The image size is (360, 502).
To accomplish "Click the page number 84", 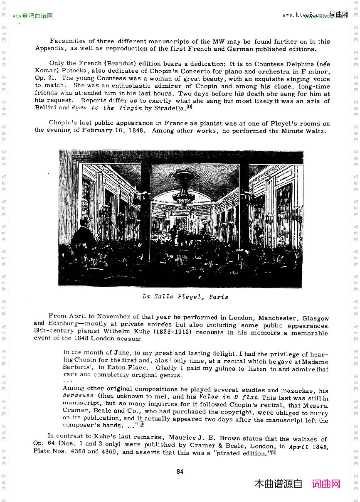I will pos(180,471).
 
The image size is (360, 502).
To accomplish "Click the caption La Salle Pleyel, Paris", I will pos(185,297).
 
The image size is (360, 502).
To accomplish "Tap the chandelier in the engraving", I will pos(184,189).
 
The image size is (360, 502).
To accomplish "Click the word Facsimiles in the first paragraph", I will pos(68,41).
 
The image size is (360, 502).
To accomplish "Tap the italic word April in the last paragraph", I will pos(299,447).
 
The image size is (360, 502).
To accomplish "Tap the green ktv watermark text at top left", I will pos(32,16).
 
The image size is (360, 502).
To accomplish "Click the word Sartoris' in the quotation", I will pos(78,368).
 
